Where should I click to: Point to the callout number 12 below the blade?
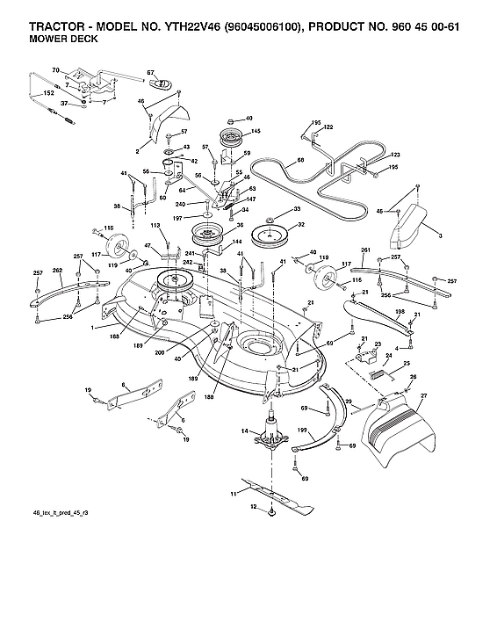[x=254, y=508]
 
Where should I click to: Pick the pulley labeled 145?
[x=233, y=138]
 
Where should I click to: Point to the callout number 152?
[x=49, y=92]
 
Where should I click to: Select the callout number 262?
[x=57, y=271]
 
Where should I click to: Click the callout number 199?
[x=301, y=431]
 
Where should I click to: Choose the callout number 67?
[x=150, y=72]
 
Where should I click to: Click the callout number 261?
[x=365, y=250]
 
